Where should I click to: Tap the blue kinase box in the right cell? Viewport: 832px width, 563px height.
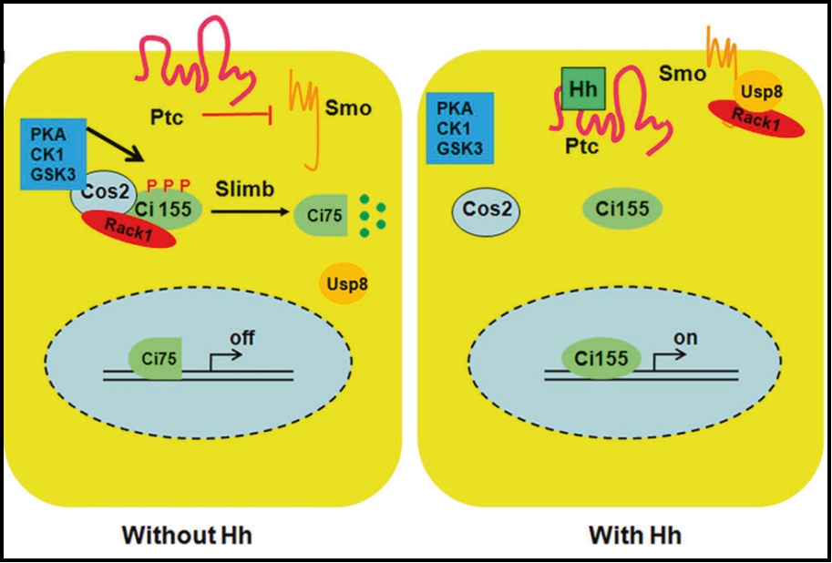click(460, 128)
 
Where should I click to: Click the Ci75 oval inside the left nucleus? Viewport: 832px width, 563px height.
click(157, 354)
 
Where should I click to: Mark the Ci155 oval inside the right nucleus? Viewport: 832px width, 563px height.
click(600, 358)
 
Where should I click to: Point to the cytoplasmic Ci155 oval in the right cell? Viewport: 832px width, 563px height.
click(622, 210)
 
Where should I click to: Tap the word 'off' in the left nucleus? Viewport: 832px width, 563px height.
click(241, 338)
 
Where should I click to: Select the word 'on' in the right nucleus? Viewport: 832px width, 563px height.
click(684, 338)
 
